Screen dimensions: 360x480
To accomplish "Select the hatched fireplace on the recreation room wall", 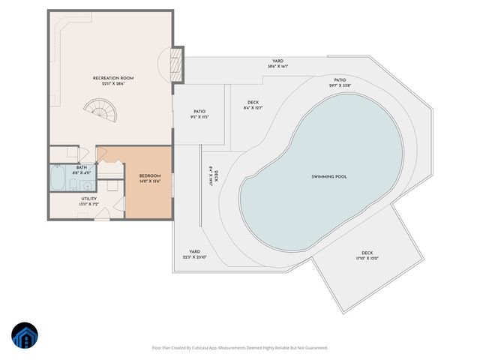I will tap(178, 64).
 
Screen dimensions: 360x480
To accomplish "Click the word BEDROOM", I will tap(150, 177).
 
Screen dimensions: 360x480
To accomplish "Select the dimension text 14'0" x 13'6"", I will tap(150, 182).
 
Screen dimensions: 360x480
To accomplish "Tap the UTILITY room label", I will tap(88, 199).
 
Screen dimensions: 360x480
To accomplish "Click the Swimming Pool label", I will tap(329, 177).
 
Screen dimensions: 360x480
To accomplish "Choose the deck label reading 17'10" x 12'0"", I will tap(367, 259).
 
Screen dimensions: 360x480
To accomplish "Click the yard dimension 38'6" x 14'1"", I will tap(277, 66).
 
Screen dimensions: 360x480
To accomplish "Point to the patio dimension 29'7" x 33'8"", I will tap(340, 85).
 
